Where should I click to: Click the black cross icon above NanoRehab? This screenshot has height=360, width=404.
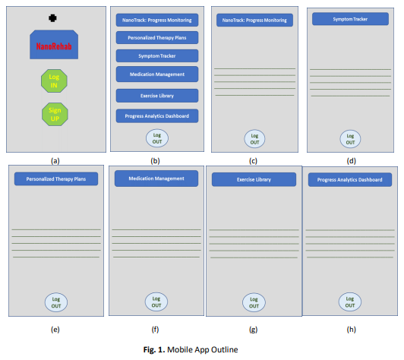[x=52, y=18]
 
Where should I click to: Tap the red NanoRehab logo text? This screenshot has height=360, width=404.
[x=54, y=46]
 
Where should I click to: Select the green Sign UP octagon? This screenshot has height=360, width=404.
[x=55, y=114]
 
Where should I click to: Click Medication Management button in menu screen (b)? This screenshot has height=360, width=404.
[x=157, y=74]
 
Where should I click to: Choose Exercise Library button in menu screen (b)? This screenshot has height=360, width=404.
[x=157, y=96]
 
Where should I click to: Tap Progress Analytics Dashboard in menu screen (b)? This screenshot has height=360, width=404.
[x=157, y=116]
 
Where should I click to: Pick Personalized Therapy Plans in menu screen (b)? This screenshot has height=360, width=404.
[x=157, y=38]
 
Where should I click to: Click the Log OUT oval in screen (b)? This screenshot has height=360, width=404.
[x=157, y=138]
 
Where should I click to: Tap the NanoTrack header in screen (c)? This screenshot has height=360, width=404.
[x=254, y=20]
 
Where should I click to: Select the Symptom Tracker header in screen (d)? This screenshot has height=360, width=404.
[x=350, y=19]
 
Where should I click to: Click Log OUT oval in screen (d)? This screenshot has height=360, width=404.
[x=350, y=139]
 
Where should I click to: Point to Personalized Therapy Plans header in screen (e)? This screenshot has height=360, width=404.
[x=56, y=178]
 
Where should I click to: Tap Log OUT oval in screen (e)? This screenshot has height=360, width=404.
[x=56, y=302]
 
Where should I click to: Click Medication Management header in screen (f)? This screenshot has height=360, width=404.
[x=156, y=178]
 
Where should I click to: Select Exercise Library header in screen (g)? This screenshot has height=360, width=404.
[x=254, y=179]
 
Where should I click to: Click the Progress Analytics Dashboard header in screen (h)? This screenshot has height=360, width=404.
[x=350, y=179]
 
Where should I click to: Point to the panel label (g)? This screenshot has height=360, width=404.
[x=254, y=330]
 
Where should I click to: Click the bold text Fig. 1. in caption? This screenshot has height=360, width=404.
[x=154, y=349]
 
